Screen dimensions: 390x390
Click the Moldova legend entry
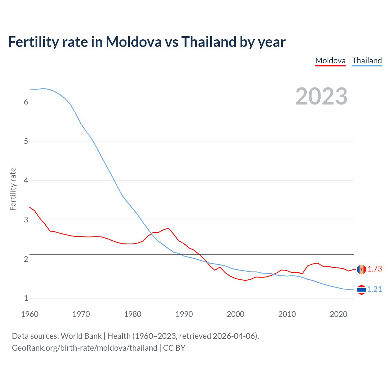[x=330, y=61]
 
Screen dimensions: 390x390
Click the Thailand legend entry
[x=367, y=61]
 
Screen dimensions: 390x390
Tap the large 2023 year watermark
[x=321, y=96]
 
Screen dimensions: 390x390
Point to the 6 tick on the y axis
[x=26, y=102]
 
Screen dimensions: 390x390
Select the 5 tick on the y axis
[x=26, y=141]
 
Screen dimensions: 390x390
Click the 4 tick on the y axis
[x=26, y=181]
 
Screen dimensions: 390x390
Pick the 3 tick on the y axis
[x=26, y=220]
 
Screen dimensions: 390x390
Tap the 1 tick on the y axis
[x=26, y=298]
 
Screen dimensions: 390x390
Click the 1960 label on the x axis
[x=30, y=314]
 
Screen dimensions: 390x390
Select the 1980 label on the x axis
[x=133, y=314]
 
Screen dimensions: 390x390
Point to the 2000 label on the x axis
[x=236, y=314]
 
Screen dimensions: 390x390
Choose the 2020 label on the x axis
[x=339, y=314]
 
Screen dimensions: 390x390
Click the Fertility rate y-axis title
[x=13, y=189]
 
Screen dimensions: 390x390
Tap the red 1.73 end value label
[x=374, y=269]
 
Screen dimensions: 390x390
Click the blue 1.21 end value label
[x=374, y=289]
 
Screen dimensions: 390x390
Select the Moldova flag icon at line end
[x=361, y=269]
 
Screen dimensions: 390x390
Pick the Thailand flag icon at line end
[x=361, y=290]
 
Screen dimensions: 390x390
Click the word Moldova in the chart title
[x=133, y=42]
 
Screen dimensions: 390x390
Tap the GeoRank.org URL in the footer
[x=84, y=348]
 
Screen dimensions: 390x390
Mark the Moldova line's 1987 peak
[x=168, y=228]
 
